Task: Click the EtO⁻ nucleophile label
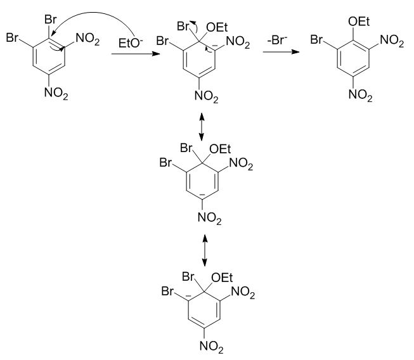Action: point(131,43)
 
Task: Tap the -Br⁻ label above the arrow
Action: point(277,41)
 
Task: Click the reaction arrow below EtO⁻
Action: point(136,54)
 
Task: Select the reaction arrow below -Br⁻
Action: point(281,52)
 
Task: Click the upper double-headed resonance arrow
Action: point(202,127)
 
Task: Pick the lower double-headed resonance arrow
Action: point(205,250)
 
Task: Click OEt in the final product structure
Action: point(359,22)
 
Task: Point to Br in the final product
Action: point(316,39)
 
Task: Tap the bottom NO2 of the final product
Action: point(360,94)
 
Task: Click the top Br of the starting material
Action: point(51,20)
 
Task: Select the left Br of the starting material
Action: point(12,37)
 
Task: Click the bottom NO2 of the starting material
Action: point(56,93)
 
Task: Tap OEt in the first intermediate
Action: point(217,27)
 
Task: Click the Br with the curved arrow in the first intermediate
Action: point(183,26)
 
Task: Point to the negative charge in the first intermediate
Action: point(215,46)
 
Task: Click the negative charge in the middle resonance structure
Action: point(202,195)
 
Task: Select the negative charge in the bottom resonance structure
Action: point(188,296)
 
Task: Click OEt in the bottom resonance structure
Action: point(222,278)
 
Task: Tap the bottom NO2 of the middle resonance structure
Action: point(210,218)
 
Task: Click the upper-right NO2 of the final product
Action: point(392,41)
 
